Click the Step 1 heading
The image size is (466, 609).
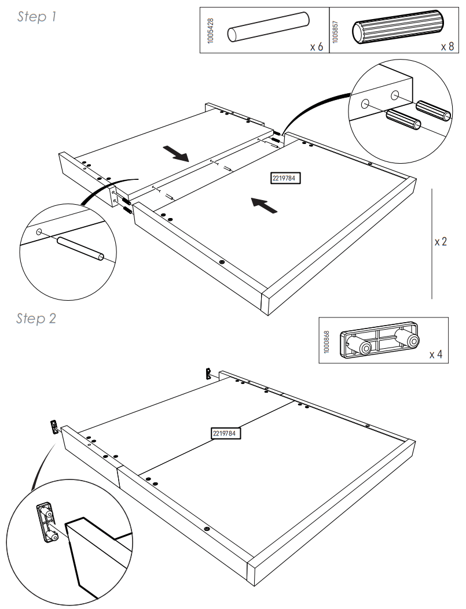[36, 17]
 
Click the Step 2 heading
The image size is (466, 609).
[36, 319]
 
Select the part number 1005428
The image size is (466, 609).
[210, 30]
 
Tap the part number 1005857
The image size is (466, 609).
[336, 30]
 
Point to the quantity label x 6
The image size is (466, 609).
[315, 46]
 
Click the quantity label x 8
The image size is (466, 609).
[447, 46]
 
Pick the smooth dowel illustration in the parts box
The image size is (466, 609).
[267, 29]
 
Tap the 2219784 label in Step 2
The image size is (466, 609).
[226, 433]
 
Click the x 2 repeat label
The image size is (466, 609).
[441, 242]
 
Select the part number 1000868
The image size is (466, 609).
[327, 341]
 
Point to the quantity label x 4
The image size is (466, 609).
[435, 354]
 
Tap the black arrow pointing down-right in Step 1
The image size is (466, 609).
[177, 154]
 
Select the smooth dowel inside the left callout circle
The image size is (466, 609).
[80, 249]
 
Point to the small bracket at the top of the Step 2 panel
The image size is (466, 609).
[208, 373]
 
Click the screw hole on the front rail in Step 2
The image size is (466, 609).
[207, 528]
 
